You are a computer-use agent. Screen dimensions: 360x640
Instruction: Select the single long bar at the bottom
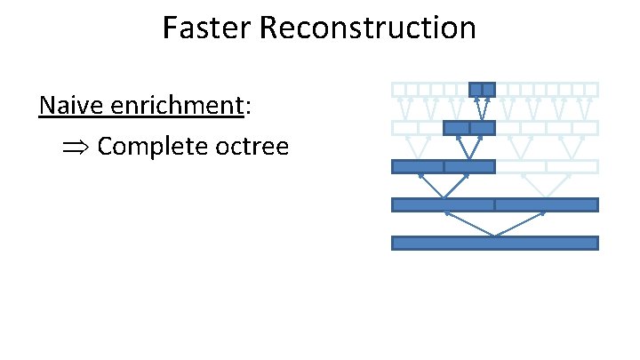[494, 243]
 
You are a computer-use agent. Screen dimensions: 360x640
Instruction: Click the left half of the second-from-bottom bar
[443, 204]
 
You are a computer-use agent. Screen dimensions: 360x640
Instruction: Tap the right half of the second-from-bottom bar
[546, 204]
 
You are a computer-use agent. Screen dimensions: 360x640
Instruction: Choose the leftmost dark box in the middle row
[417, 166]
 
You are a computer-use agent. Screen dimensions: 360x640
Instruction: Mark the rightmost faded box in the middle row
[572, 166]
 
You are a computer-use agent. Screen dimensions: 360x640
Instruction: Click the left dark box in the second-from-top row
[456, 128]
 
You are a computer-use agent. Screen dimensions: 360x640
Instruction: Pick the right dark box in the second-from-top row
[482, 128]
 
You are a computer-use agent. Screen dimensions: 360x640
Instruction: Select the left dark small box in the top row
[476, 89]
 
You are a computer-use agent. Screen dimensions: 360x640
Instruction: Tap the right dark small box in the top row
[489, 89]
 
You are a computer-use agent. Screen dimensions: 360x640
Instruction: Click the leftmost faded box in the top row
[398, 89]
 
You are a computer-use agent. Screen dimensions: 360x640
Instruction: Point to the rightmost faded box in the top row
[591, 89]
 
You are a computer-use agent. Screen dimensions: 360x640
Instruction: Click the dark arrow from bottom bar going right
[520, 224]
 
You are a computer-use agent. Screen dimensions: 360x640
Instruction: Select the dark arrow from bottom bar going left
[468, 224]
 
